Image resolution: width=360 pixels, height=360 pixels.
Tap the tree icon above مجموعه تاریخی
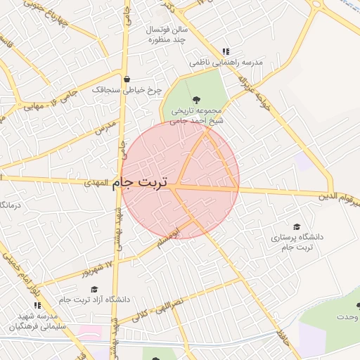coord(195,99)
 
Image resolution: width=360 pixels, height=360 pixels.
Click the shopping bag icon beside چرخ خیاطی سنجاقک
coord(127,79)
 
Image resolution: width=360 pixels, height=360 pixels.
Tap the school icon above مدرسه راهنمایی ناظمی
coord(226,51)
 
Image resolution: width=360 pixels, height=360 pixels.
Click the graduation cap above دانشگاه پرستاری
coord(297,226)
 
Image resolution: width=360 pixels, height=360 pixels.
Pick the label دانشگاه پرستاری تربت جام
coord(297,243)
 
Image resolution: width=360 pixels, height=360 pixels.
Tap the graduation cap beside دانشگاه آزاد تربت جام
coord(94,288)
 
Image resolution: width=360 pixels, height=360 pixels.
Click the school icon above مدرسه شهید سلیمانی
coord(37,306)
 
